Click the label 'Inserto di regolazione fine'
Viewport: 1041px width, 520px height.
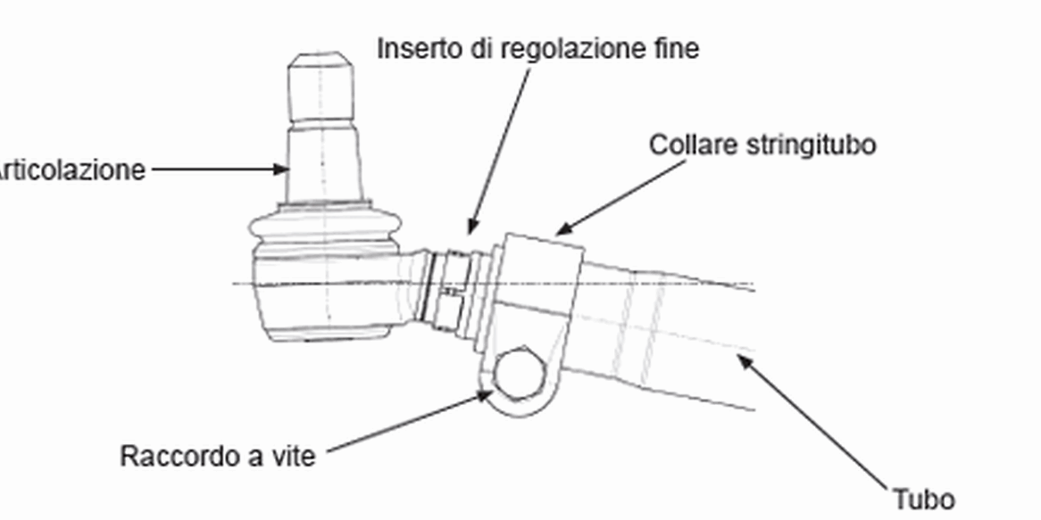[537, 48]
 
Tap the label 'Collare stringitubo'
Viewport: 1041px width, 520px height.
[762, 144]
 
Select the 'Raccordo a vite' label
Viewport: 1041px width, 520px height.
[218, 457]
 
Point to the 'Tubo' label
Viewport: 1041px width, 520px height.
[923, 499]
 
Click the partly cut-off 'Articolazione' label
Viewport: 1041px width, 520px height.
[71, 169]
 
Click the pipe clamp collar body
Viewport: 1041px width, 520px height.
[536, 285]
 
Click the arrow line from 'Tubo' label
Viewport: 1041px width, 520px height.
[817, 424]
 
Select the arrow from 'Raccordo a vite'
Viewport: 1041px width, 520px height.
[402, 424]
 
